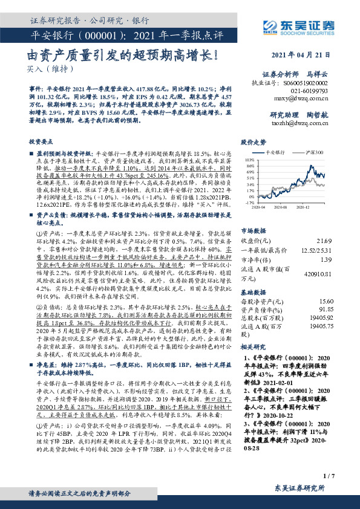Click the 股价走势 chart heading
point(254,143)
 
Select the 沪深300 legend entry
point(313,154)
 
